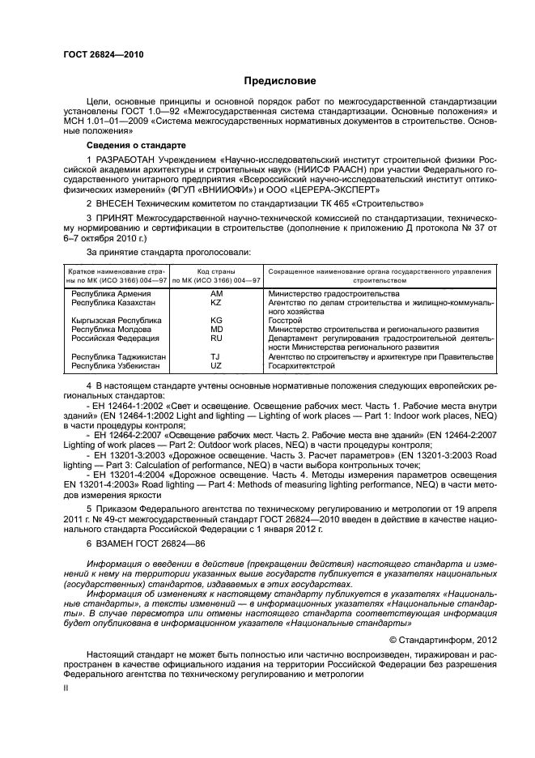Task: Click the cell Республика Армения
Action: (111, 293)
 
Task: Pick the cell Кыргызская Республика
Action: (117, 321)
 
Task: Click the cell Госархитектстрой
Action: (301, 366)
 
